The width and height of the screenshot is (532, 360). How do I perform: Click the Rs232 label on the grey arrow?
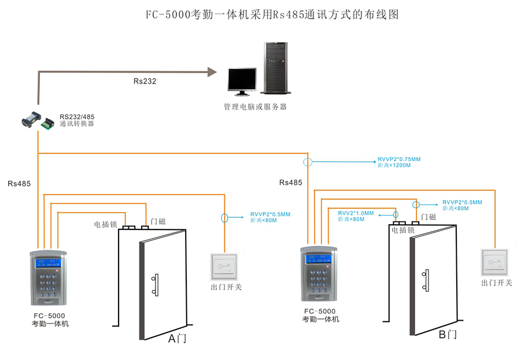click(x=145, y=81)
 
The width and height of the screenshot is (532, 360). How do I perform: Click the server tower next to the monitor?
click(x=275, y=68)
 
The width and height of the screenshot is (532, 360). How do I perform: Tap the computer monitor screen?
click(x=241, y=80)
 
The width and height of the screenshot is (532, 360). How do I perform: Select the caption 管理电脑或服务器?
click(x=255, y=107)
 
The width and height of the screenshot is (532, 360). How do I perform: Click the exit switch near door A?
click(x=226, y=267)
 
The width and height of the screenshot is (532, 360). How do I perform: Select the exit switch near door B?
click(x=496, y=262)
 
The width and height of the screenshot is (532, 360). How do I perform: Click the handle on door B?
click(x=426, y=280)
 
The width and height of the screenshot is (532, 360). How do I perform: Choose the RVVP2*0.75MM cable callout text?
click(x=400, y=162)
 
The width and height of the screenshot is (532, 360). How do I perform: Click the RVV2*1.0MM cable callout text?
click(x=356, y=216)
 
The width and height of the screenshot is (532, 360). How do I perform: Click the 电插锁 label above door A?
click(x=106, y=224)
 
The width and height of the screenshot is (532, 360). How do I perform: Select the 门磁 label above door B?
click(x=428, y=217)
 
